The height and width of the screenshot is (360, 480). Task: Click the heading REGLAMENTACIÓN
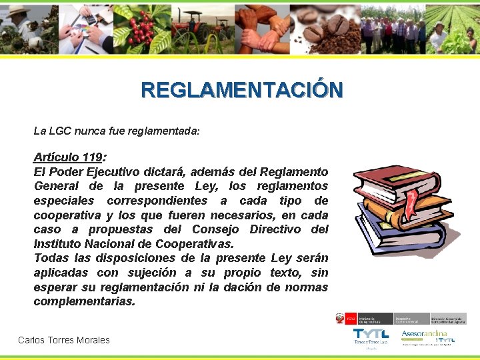[x=242, y=90]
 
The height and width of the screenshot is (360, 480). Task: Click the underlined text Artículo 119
[x=67, y=158]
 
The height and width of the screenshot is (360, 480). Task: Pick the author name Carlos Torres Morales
[x=64, y=340]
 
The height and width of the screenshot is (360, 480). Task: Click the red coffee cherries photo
[x=142, y=28]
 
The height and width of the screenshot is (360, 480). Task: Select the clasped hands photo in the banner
[x=263, y=28]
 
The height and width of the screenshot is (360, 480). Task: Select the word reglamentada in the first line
[x=167, y=131]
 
